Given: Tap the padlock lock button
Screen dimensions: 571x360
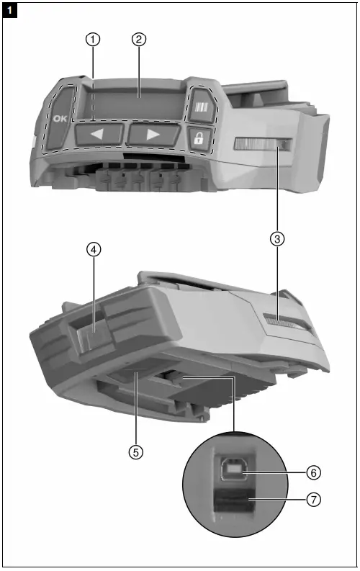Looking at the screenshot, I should pyautogui.click(x=199, y=138).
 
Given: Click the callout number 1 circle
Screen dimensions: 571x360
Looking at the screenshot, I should pyautogui.click(x=92, y=40).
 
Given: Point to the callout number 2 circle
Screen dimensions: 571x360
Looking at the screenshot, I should pyautogui.click(x=139, y=40).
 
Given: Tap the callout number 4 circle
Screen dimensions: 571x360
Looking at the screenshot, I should pyautogui.click(x=93, y=249).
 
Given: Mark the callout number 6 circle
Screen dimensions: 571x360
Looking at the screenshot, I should pyautogui.click(x=313, y=473).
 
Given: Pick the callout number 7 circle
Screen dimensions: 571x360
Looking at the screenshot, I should pyautogui.click(x=313, y=498).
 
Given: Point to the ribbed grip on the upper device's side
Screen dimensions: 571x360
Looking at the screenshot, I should pyautogui.click(x=261, y=147).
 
